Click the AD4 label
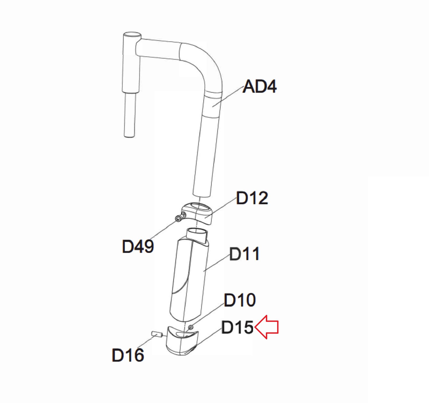259,87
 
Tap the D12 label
252,198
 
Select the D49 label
138,246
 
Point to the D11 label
244,254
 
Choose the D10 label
240,300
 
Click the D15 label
238,327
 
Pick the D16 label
128,355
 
